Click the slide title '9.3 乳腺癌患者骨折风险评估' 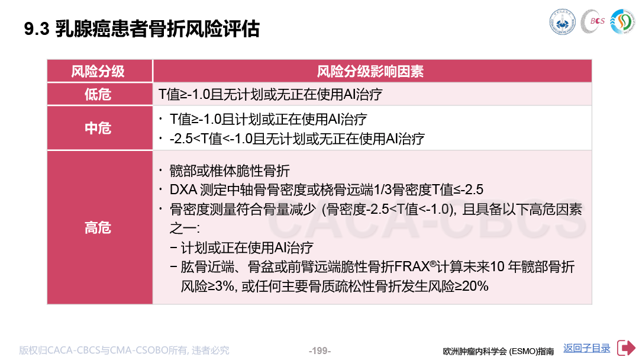[x=142, y=29]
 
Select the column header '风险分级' [x=98, y=71]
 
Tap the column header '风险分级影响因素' [x=370, y=71]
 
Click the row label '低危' [x=98, y=94]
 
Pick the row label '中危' [x=98, y=128]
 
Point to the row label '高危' [x=98, y=227]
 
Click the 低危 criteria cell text [x=270, y=95]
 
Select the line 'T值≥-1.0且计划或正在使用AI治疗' [x=268, y=119]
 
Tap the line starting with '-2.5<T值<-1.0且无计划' [x=297, y=139]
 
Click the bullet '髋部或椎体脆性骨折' [x=230, y=171]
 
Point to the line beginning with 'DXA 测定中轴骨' [x=327, y=189]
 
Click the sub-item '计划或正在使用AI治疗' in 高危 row [x=247, y=247]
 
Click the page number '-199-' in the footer [x=319, y=351]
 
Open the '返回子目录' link [x=587, y=348]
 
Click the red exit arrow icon [x=626, y=348]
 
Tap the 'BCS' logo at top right [x=593, y=21]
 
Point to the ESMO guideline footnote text [x=498, y=351]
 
